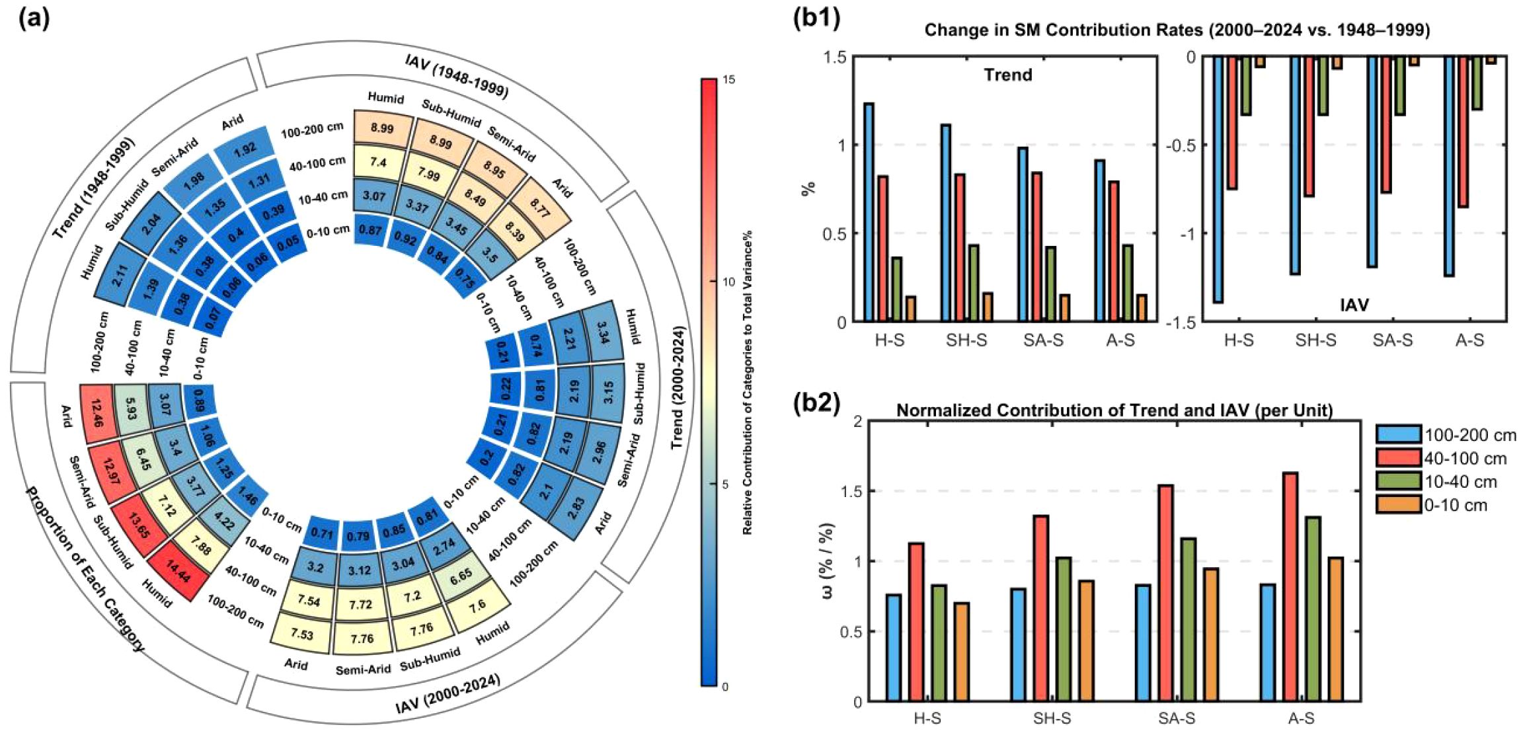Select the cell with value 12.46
(x=97, y=412)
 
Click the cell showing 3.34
(x=604, y=329)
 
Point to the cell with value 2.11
(x=119, y=274)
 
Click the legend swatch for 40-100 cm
(x=1398, y=458)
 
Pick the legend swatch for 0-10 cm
(x=1398, y=505)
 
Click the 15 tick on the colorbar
(x=728, y=80)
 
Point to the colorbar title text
(x=748, y=383)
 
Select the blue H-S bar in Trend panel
(x=869, y=212)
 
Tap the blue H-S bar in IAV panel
(x=1218, y=180)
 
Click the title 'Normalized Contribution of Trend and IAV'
(x=1114, y=410)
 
